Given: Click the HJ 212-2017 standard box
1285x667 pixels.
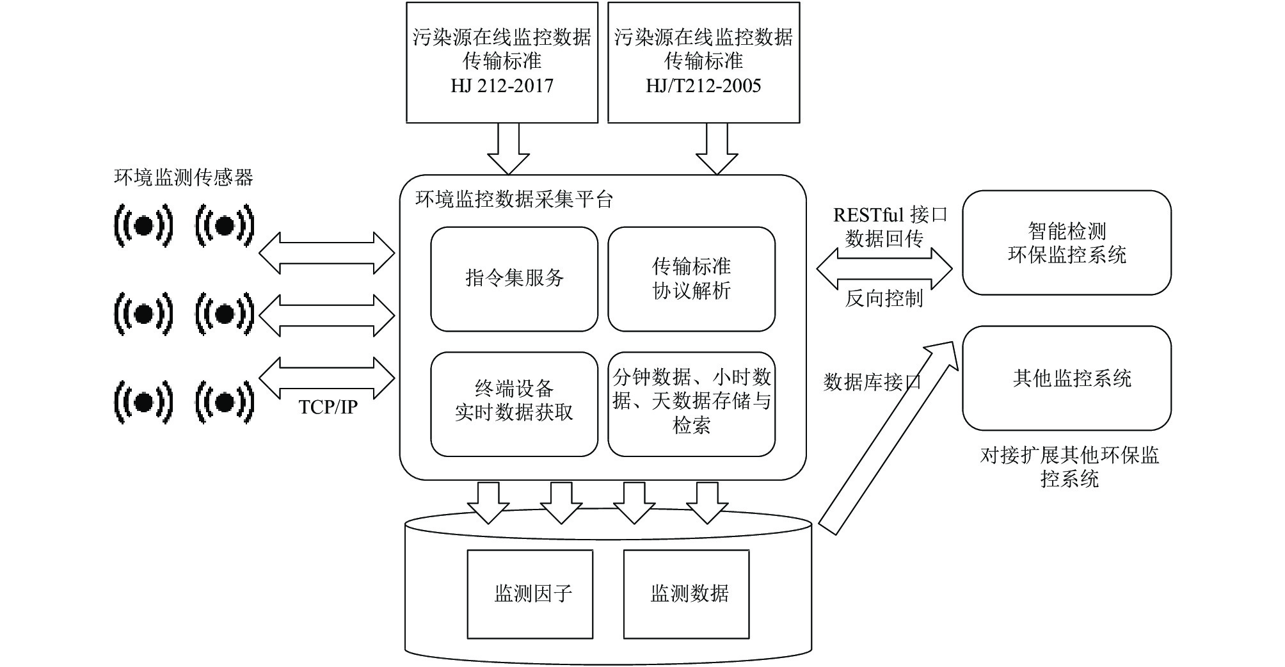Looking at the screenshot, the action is point(502,62).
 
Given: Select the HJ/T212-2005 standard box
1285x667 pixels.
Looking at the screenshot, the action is point(703,62).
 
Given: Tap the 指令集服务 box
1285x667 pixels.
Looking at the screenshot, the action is point(514,278).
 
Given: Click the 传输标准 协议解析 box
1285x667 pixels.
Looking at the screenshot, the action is point(691,278).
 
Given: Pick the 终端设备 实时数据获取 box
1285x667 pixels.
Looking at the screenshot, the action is point(514,403).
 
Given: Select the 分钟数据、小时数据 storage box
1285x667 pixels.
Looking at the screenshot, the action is point(691,403).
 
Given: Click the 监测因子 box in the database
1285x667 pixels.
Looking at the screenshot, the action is point(530,594).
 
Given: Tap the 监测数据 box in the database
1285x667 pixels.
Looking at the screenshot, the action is point(686,594).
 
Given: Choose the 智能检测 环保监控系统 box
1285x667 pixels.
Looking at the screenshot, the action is point(1067,243).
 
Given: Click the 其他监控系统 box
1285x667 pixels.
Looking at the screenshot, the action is point(1067,378).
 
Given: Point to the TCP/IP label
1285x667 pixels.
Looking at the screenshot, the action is point(328,407).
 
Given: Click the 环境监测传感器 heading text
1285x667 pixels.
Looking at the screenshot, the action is point(184,177).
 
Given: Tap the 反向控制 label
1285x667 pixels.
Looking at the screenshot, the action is point(884,298).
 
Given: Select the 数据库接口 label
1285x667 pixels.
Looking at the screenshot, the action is point(872,382).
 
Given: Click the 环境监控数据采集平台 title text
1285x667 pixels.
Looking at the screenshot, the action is point(515,200).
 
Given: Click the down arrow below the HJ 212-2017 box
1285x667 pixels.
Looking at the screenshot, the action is point(508,149).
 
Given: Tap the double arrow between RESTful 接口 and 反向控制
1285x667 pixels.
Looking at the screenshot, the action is point(884,269).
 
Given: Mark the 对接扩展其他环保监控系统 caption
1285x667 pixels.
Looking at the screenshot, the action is point(1069,467).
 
